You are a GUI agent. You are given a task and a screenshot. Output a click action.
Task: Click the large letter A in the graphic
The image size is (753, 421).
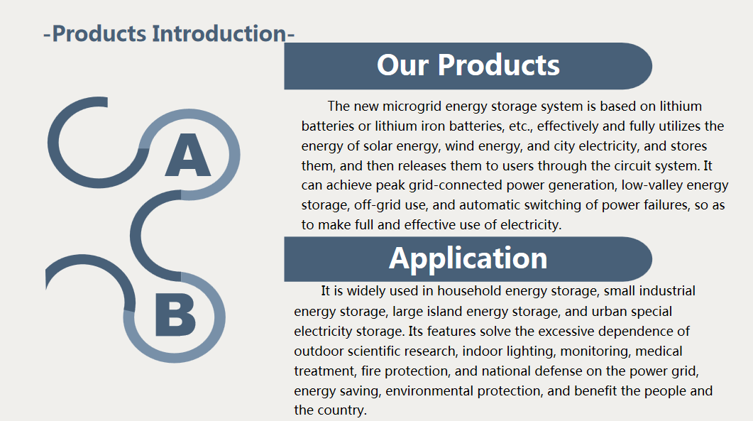[x=188, y=155]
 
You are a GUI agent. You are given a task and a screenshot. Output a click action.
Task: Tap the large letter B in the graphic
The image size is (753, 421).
[x=175, y=315]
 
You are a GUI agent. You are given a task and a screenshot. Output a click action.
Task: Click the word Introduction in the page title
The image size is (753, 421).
[x=219, y=33]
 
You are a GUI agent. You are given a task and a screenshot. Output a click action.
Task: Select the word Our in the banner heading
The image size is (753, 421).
[x=402, y=65]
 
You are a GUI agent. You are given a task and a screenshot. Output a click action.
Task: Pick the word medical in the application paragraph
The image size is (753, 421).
[x=659, y=351]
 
